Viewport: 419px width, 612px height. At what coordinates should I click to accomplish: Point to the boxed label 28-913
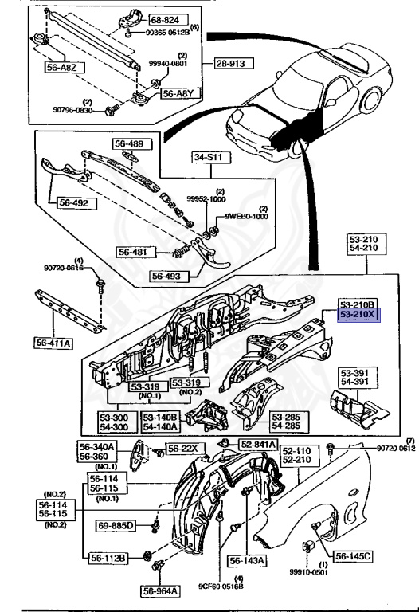point(232,63)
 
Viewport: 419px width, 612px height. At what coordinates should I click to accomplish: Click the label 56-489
point(128,145)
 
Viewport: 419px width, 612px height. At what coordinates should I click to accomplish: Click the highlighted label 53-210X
point(359,315)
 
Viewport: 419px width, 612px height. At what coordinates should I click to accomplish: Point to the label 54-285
point(287,426)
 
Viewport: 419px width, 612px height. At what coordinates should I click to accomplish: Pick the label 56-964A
point(163,590)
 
